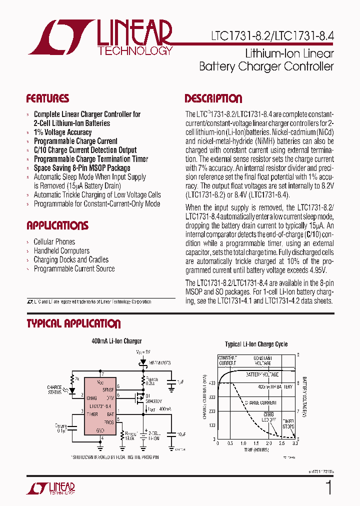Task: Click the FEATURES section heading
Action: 47,98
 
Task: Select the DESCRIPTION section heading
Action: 213,98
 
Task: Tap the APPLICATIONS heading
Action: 57,225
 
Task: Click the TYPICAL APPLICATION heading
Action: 73,323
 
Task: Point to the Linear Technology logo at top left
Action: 100,37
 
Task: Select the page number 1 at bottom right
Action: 328,488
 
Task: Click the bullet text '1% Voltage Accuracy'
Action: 62,132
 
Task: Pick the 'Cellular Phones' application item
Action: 54,242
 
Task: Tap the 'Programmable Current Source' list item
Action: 74,269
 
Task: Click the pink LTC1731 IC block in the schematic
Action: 100,405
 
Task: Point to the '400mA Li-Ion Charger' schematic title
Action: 116,341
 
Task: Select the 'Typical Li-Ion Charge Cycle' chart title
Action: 256,344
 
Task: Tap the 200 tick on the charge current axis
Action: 211,411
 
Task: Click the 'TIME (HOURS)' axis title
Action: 255,450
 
